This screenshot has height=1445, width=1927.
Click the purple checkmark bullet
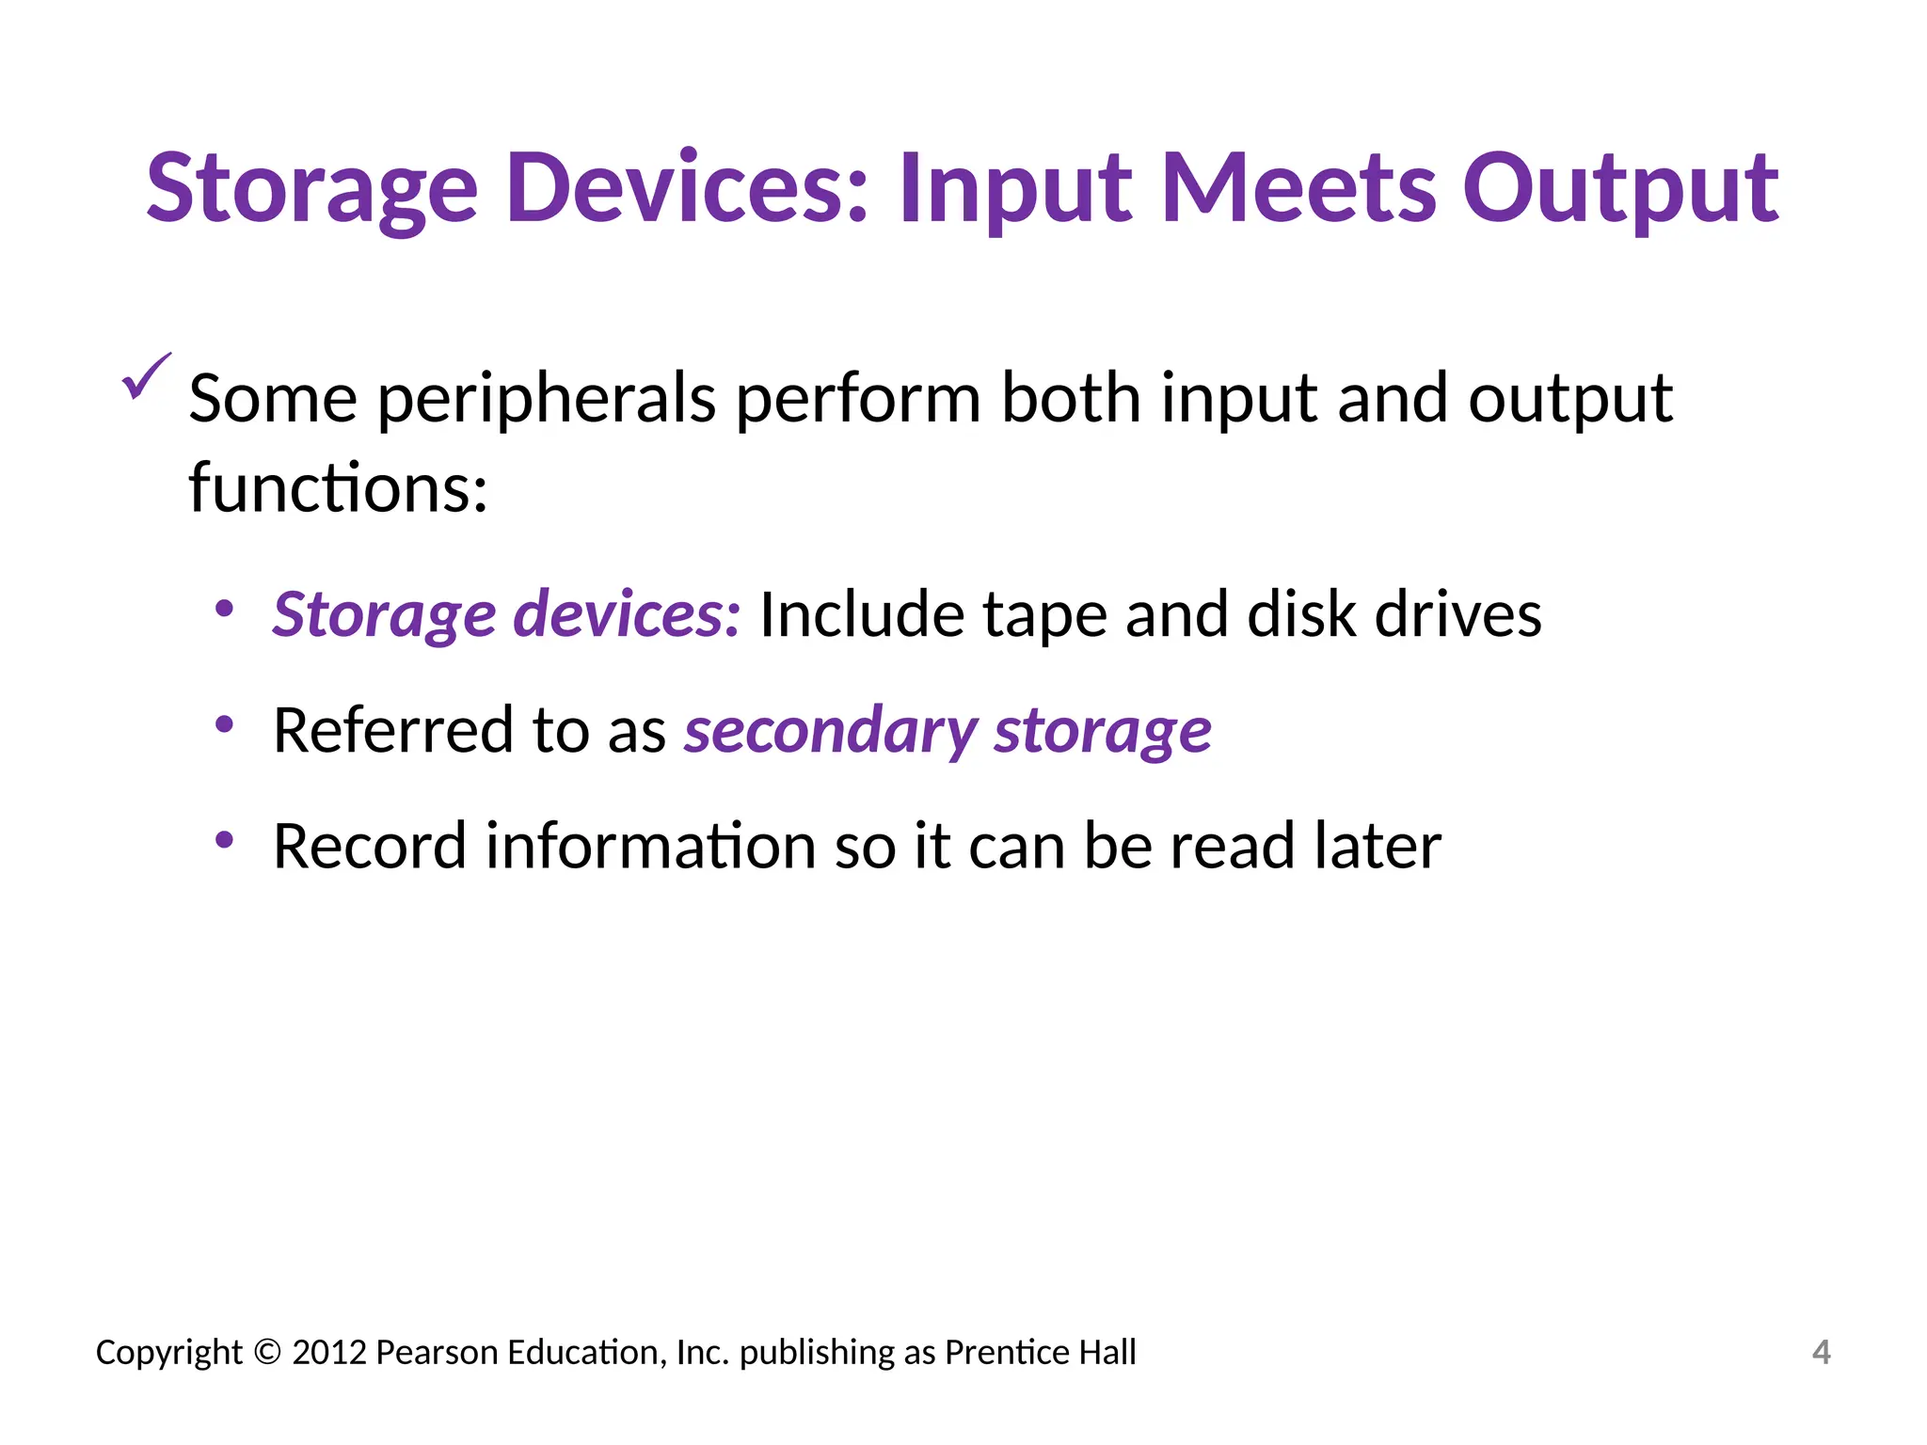(x=146, y=376)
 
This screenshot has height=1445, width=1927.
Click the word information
(x=649, y=846)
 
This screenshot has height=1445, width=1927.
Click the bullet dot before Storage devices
(x=224, y=609)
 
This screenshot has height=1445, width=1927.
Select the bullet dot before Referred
(x=224, y=724)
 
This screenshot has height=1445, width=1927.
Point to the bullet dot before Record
(x=224, y=840)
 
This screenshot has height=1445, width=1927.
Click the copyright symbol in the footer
(x=267, y=1353)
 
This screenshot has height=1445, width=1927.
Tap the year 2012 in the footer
(x=329, y=1353)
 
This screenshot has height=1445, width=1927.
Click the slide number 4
(x=1821, y=1353)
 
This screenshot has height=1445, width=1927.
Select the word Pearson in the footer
(x=438, y=1353)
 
